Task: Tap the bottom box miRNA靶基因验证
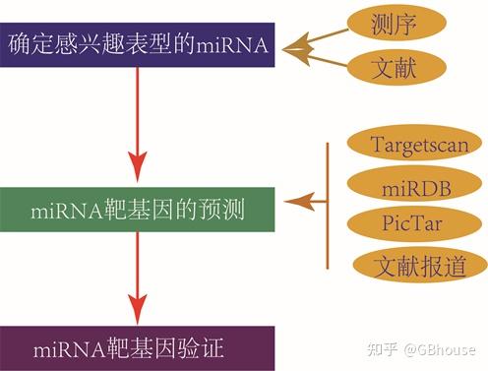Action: (137, 346)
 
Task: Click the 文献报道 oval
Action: (418, 264)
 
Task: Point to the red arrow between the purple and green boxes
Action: (138, 123)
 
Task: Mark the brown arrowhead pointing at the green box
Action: (293, 203)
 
